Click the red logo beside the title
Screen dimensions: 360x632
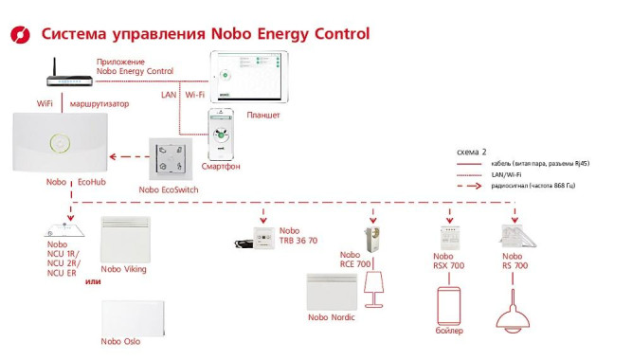pos(20,35)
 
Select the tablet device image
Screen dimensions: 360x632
pos(246,79)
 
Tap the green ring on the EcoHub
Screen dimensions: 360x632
pos(60,143)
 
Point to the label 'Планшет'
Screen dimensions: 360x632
pos(262,116)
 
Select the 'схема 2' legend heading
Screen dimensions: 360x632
pos(471,152)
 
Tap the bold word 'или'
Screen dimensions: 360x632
pos(93,281)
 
